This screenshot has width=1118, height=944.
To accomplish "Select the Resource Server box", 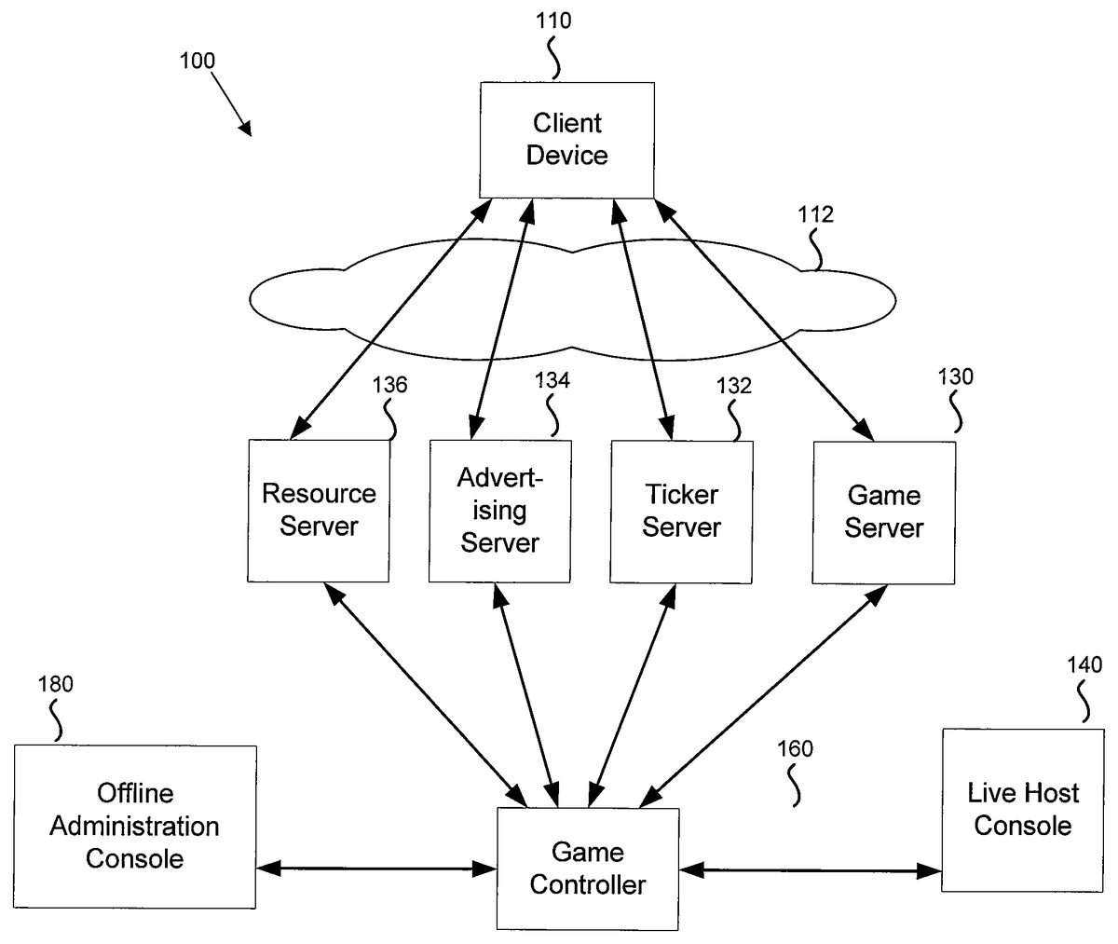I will [x=319, y=510].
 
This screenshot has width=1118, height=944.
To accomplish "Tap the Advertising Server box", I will [x=499, y=511].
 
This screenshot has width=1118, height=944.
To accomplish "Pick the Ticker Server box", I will [x=681, y=511].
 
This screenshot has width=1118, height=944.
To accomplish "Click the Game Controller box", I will [x=587, y=868].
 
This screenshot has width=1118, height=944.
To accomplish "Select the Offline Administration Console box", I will [x=135, y=826].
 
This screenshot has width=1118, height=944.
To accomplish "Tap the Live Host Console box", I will [x=1023, y=810].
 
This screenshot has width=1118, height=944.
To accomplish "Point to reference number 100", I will [x=196, y=62].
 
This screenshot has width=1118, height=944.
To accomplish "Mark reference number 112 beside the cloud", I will [x=815, y=215].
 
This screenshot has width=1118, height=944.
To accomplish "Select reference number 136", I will [x=389, y=386].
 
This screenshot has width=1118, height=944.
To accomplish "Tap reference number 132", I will [x=733, y=385].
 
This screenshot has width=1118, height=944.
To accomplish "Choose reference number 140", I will [x=1084, y=664].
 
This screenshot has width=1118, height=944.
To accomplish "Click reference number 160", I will [x=795, y=747].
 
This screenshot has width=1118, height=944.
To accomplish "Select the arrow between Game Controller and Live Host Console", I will [x=811, y=870].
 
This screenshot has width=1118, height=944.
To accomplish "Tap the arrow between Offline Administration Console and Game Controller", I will [x=376, y=869].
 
